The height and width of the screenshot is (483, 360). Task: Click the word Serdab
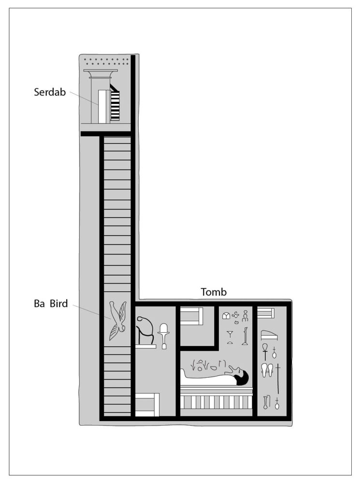[x=50, y=92]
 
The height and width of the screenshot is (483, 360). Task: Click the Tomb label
[x=214, y=292]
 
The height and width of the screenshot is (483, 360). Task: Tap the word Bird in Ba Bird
[x=58, y=303]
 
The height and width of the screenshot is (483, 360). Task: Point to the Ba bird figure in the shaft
[x=117, y=320]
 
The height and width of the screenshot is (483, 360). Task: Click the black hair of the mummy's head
[x=242, y=378]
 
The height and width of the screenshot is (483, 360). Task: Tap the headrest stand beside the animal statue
[x=164, y=336]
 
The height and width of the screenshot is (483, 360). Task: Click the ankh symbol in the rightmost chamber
[x=265, y=352]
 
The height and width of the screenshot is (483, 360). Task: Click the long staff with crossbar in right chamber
[x=278, y=379]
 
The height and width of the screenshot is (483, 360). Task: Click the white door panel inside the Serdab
[x=102, y=107]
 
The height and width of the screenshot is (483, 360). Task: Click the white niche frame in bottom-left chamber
[x=147, y=405]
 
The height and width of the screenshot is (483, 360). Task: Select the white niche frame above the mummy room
[x=191, y=316]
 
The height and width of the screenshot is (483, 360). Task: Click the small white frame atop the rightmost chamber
[x=266, y=313]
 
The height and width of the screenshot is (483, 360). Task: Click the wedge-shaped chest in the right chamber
[x=269, y=335]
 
